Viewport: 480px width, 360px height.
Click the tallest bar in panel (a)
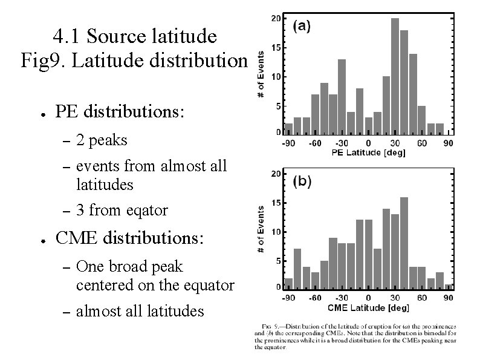tap(395, 75)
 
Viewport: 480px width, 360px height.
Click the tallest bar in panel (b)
tap(404, 241)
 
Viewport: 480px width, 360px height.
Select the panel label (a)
tap(302, 26)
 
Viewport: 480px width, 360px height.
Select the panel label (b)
tap(302, 181)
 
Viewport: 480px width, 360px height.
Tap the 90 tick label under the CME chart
tap(449, 298)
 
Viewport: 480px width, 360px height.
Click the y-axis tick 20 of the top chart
tap(275, 19)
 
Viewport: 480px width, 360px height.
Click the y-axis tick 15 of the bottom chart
tap(275, 203)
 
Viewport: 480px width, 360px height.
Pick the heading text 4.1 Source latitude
tap(134, 37)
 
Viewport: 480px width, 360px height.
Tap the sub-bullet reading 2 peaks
tap(102, 140)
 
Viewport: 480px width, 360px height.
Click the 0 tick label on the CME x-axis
tap(368, 298)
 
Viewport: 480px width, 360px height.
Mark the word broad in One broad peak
tap(128, 266)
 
